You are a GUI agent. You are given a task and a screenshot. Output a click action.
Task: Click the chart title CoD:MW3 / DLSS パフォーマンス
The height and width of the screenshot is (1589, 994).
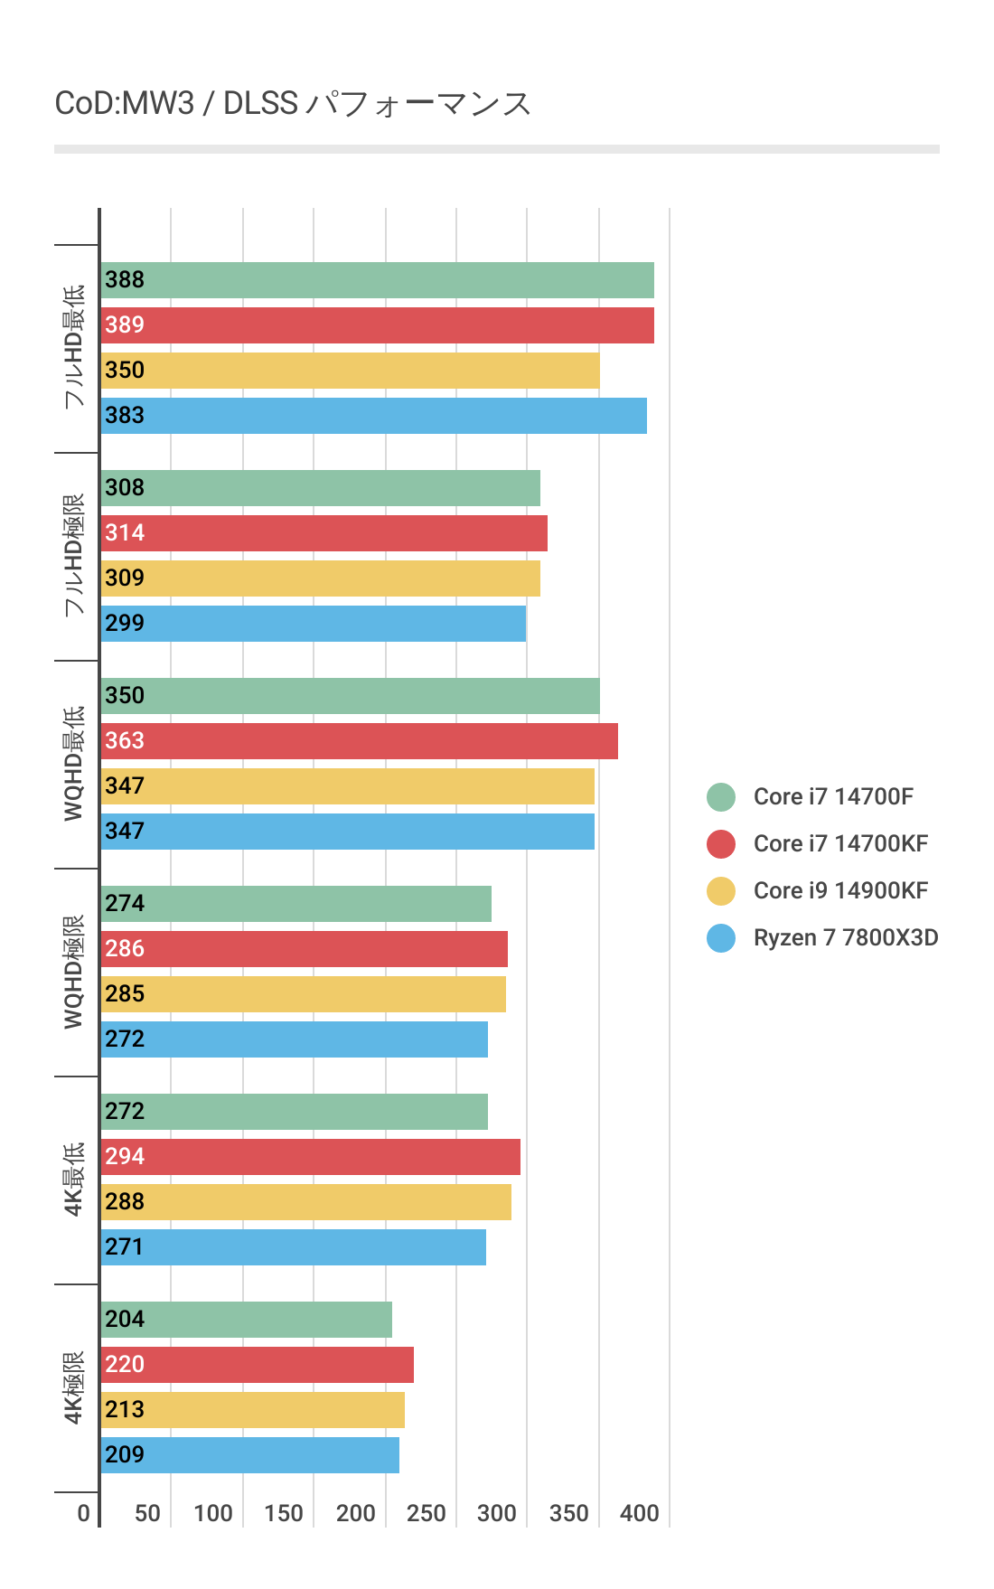293,104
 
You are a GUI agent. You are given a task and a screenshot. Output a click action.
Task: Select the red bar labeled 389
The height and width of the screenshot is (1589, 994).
377,325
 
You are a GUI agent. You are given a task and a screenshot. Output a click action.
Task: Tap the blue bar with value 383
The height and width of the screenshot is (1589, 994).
373,416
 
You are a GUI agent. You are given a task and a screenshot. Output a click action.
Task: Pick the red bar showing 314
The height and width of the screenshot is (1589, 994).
324,533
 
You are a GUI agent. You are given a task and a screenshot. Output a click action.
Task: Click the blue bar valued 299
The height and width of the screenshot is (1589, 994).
313,624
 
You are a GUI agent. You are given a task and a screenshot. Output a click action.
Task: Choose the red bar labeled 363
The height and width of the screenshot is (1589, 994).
359,741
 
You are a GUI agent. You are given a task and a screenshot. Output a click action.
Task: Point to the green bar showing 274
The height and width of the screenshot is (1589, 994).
295,904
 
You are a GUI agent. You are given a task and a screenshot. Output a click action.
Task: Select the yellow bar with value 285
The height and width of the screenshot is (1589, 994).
303,994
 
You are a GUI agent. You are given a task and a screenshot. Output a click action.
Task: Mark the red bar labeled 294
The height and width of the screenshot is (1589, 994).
310,1157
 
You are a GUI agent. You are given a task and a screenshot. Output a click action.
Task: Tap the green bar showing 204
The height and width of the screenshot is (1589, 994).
246,1320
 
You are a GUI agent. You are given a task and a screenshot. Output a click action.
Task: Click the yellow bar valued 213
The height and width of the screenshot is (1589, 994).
252,1410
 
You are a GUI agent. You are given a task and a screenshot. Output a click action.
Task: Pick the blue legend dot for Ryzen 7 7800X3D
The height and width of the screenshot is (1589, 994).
721,937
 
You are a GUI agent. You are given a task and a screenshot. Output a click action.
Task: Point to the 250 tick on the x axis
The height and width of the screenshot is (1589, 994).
426,1513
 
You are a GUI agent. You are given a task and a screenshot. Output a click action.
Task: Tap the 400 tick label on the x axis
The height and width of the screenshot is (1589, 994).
639,1513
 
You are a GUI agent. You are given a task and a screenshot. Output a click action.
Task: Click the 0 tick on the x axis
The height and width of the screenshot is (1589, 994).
84,1513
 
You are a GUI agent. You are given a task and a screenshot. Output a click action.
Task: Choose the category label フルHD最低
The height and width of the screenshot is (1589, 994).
73,347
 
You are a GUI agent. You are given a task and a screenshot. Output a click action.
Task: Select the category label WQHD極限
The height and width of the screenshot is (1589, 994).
73,972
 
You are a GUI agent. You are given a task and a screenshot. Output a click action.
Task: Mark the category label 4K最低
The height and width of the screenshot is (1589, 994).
73,1180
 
